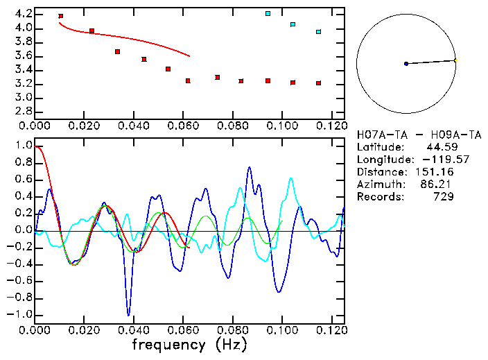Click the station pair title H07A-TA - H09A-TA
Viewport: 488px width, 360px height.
click(x=419, y=135)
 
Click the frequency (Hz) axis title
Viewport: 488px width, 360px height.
click(x=190, y=344)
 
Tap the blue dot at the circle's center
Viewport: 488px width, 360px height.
click(x=406, y=64)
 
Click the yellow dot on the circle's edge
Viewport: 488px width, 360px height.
click(x=455, y=60)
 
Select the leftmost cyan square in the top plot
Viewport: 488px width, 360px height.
click(x=268, y=13)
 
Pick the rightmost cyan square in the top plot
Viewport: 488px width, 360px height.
click(x=319, y=32)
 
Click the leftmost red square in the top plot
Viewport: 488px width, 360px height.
click(x=61, y=16)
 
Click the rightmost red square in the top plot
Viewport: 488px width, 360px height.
click(x=319, y=83)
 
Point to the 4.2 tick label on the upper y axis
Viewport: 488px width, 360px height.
click(x=22, y=14)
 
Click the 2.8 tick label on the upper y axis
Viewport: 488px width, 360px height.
click(x=22, y=112)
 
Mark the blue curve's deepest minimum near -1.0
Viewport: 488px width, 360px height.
click(x=128, y=314)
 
